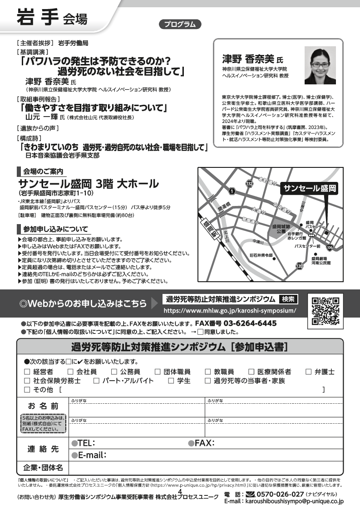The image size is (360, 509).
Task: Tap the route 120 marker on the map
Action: [299, 266]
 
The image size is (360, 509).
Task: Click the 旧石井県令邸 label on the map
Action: [261, 255]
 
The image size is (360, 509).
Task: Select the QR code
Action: [326, 311]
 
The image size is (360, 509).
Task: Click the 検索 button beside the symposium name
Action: [288, 299]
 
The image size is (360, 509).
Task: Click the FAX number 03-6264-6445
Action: [236, 323]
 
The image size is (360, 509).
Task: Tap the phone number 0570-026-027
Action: [280, 494]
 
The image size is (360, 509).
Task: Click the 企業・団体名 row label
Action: [43, 467]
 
